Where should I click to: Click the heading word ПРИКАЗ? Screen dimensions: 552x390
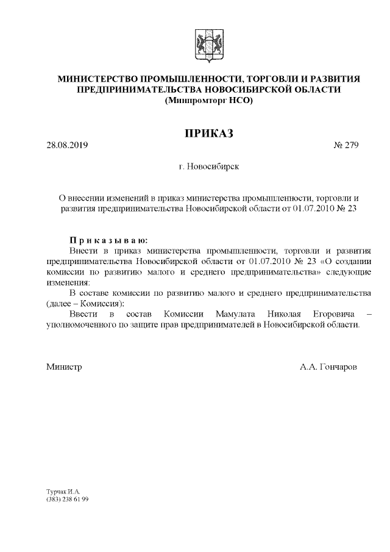pos(210,133)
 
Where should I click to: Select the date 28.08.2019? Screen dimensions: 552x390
pos(67,146)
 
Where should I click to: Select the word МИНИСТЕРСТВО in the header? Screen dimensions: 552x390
pos(97,79)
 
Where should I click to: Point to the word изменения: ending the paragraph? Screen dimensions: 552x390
pos(68,282)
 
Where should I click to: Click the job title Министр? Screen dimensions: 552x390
pos(64,367)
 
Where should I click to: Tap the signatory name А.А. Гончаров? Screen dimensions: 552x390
pos(328,367)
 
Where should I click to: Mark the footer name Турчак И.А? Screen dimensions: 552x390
pos(63,491)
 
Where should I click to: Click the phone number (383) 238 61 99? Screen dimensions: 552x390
pos(68,499)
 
